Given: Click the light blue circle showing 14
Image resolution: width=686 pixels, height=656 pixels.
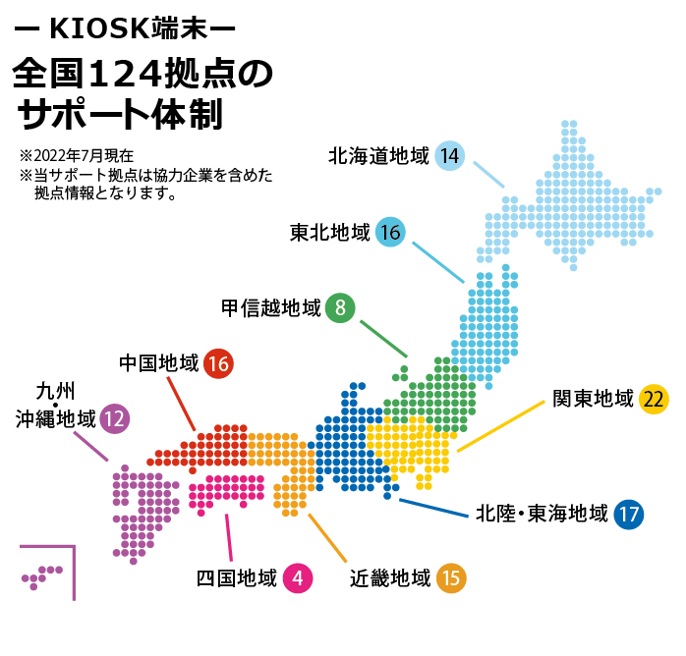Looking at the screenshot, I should click(450, 155).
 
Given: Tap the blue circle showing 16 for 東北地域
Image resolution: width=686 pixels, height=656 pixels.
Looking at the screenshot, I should click(390, 233).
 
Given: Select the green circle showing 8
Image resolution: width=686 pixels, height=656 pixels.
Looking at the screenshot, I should click(340, 308).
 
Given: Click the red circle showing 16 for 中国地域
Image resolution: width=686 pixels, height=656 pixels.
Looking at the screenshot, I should click(218, 363).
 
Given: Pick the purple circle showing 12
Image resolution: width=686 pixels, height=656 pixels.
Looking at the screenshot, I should click(114, 419).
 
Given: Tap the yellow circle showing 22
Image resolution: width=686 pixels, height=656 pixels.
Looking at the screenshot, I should click(654, 399).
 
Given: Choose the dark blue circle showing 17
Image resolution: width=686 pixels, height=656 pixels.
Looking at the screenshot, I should click(629, 514).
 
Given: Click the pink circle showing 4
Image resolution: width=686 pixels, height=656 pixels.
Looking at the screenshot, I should click(297, 578).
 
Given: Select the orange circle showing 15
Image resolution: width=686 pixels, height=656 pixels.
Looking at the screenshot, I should click(451, 578).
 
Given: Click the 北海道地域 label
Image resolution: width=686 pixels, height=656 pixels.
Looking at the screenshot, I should click(379, 155).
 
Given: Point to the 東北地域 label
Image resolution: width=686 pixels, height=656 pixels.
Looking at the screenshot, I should click(330, 233).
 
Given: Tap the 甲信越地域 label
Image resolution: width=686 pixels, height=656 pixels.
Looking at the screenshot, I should click(271, 308).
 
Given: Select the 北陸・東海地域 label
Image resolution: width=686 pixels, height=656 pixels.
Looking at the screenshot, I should click(542, 514).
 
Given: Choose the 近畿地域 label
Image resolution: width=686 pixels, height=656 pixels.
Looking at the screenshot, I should click(390, 578).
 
